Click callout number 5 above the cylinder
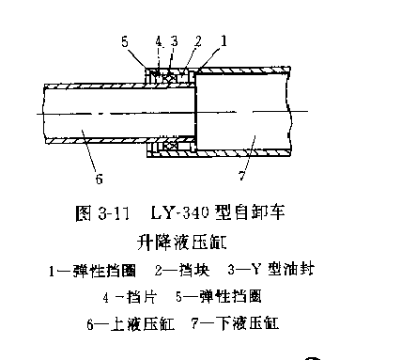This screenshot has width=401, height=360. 125,41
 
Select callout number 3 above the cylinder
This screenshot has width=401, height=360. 174,41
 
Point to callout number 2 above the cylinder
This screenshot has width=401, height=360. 198,41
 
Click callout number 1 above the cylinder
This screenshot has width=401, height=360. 224,41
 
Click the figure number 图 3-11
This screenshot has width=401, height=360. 96,213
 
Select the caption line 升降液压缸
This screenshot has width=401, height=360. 178,241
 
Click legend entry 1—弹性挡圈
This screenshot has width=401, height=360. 93,272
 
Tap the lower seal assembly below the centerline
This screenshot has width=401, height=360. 170,147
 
